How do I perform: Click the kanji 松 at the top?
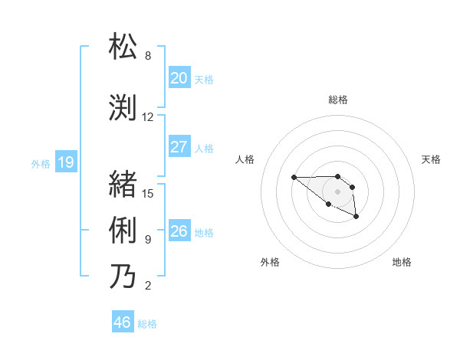[123, 47]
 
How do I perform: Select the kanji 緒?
[123, 184]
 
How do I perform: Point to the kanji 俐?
[123, 230]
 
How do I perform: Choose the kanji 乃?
[123, 276]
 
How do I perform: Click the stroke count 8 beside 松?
[148, 56]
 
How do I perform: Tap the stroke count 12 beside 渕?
[148, 117]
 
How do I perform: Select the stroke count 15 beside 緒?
[148, 193]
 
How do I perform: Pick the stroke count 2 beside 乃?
[148, 286]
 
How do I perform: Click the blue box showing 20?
[179, 78]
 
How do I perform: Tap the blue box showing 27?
[179, 147]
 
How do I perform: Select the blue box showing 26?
[179, 231]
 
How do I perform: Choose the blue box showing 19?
[65, 162]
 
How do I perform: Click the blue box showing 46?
[122, 322]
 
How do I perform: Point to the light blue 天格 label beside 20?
[204, 79]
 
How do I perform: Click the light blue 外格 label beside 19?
[41, 163]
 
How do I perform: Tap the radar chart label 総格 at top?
[337, 100]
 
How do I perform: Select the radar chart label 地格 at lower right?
[402, 262]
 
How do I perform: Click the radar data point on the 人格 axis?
[294, 178]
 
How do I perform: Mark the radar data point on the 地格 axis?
[356, 218]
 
